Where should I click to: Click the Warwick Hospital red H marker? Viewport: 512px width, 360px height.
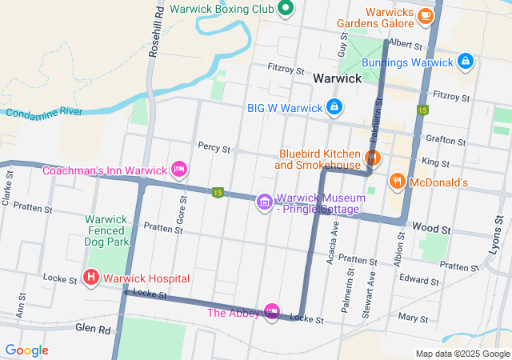tap(91, 278)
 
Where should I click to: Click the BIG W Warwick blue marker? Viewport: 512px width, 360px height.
tap(334, 106)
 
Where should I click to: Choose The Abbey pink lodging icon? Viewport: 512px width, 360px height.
tap(273, 311)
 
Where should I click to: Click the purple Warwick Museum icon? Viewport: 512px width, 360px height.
tap(264, 202)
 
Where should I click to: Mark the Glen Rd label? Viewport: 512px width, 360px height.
tap(94, 328)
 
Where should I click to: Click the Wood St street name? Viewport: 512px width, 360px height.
tap(432, 229)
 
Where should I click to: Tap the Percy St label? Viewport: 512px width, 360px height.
tap(214, 148)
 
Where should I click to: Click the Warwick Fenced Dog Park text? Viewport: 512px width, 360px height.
tap(106, 230)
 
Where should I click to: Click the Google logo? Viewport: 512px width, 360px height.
tap(27, 350)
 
